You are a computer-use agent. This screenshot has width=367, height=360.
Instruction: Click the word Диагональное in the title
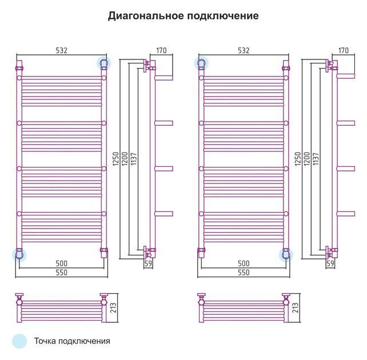tap(146, 16)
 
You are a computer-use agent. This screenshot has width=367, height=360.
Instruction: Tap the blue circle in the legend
tap(19, 341)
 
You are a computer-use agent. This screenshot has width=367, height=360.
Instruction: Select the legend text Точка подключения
tap(72, 341)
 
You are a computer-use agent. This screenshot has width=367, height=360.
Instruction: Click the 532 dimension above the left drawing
tap(61, 50)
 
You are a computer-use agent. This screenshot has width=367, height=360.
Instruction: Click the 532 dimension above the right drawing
tap(244, 50)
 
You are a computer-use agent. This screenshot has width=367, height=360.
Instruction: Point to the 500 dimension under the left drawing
tap(61, 263)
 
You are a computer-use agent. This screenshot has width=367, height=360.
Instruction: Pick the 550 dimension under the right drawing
tap(244, 273)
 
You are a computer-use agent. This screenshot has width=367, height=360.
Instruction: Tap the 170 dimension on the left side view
tap(161, 50)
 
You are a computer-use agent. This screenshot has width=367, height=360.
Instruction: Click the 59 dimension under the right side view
tap(330, 263)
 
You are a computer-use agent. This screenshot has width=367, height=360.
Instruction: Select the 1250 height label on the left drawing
tap(116, 159)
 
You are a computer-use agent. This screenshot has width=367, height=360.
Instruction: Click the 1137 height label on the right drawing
tap(316, 159)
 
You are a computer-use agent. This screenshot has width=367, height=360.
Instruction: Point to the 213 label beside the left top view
tap(113, 308)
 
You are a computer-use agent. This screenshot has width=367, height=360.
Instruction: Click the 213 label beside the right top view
tap(295, 308)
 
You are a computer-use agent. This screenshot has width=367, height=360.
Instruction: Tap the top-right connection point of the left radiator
tap(104, 63)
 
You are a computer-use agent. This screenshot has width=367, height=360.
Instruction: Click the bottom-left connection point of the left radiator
tap(19, 255)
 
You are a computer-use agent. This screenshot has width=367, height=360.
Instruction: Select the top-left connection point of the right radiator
tap(201, 63)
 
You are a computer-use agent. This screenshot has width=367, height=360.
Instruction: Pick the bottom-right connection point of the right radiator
tap(286, 255)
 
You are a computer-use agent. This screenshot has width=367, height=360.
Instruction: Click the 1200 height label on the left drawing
tap(125, 159)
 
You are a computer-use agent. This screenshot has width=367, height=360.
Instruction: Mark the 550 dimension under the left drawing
tap(61, 273)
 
